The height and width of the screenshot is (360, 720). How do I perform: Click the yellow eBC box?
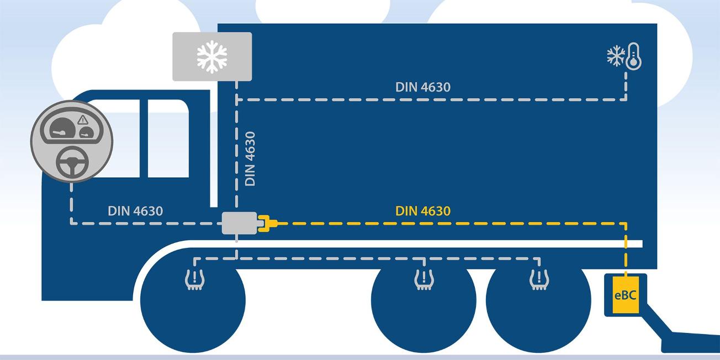(625, 295)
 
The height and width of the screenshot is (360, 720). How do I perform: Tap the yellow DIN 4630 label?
(423, 211)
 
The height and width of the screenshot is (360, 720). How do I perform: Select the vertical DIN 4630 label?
(250, 158)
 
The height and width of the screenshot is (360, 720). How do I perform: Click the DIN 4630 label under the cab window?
(135, 211)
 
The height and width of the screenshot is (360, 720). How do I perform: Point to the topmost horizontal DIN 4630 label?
(423, 87)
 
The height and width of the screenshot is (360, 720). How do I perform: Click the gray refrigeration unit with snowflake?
(212, 56)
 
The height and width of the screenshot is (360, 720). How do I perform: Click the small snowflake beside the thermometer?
(615, 55)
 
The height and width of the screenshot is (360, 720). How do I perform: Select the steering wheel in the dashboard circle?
(71, 162)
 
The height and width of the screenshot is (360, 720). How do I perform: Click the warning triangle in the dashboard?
(83, 119)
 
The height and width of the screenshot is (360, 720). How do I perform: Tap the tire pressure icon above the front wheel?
(193, 281)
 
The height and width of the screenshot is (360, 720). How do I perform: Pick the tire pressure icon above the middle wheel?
(423, 280)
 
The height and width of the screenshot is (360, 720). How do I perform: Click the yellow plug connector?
(267, 223)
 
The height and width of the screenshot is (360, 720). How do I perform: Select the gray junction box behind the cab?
(239, 223)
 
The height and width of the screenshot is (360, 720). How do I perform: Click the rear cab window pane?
(168, 138)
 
